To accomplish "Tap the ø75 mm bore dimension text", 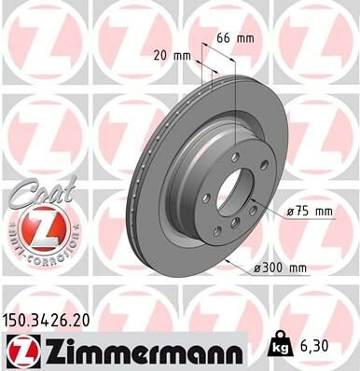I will click(311, 212).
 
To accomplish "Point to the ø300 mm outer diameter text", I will click(281, 268).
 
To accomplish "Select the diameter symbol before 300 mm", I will click(257, 268).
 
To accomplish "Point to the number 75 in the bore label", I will click(303, 212).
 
